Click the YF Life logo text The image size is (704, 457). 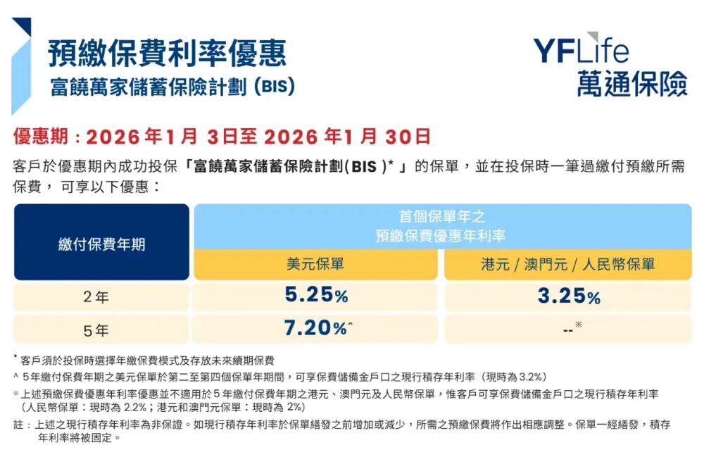pyautogui.click(x=581, y=50)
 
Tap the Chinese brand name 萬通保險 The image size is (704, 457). pyautogui.click(x=631, y=84)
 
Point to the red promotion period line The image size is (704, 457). pyautogui.click(x=221, y=136)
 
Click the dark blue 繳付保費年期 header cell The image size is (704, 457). pyautogui.click(x=101, y=244)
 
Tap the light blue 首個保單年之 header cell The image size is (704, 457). pyautogui.click(x=442, y=226)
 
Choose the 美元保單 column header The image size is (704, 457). pyautogui.click(x=315, y=265)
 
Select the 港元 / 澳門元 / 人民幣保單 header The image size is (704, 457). pyautogui.click(x=567, y=265)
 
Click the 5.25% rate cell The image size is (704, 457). pyautogui.click(x=316, y=296)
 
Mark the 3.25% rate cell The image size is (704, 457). pyautogui.click(x=568, y=296)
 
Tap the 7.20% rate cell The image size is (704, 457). pyautogui.click(x=316, y=327)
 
